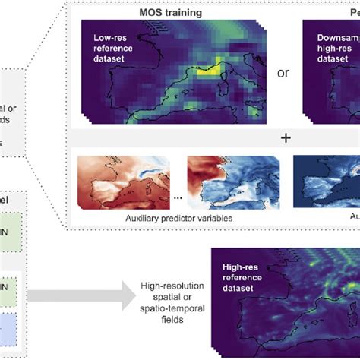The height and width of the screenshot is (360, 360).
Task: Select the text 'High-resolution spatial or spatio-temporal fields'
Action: (166, 294)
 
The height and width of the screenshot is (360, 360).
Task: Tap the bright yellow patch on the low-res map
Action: (215, 70)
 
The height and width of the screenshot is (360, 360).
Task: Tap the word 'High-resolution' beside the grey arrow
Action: (166, 283)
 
